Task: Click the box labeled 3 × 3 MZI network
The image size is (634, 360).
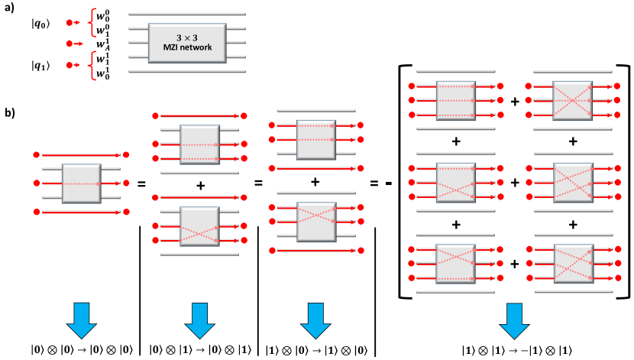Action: point(187,43)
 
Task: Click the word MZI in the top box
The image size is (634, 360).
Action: point(174,48)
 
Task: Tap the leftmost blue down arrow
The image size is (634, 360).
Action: point(82,320)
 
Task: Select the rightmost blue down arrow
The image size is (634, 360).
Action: point(514,320)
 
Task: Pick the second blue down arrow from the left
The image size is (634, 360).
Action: point(199,320)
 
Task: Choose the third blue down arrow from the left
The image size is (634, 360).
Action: point(315,320)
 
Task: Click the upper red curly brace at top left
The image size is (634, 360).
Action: point(92,22)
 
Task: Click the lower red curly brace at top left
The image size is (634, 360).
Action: point(92,65)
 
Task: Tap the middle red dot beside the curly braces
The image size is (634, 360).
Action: point(70,44)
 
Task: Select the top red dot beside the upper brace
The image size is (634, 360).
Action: point(70,22)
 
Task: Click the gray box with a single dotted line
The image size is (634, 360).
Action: point(82,183)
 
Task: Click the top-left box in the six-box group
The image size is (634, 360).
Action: point(456,101)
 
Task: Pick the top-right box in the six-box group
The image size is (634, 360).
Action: point(572,101)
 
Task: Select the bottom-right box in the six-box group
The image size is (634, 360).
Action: point(573,264)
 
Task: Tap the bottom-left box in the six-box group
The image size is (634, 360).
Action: point(455,264)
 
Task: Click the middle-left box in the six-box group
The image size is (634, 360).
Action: point(456,183)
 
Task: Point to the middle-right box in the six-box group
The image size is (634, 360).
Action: point(573,183)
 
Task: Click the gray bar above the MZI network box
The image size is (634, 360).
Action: point(187,14)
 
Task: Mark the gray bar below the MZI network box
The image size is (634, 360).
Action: point(187,72)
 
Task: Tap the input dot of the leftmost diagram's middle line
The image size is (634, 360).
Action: point(36,183)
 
